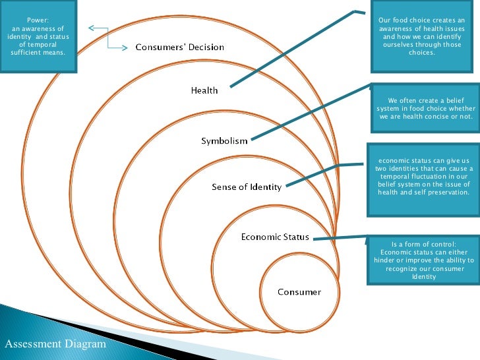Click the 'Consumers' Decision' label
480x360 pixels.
pos(180,47)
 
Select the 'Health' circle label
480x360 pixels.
pos(204,90)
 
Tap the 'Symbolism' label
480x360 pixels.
pos(224,141)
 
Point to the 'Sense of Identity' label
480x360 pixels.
pos(247,187)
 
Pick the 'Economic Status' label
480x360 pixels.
pos(275,237)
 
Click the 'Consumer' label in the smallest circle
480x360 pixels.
pos(299,292)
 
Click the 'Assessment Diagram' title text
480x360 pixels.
pos(55,344)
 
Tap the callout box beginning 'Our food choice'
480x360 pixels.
pos(422,36)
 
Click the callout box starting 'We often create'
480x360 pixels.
pos(425,109)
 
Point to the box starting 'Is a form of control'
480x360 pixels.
pos(423,260)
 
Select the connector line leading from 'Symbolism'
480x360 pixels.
pos(310,112)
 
